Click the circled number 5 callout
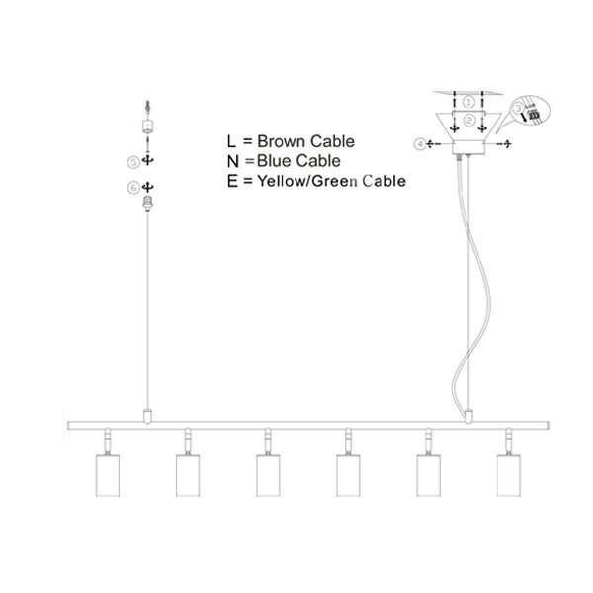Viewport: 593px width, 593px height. tap(133, 160)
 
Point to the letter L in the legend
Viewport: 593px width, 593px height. tap(231, 140)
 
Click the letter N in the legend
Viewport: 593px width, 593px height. tap(232, 160)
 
